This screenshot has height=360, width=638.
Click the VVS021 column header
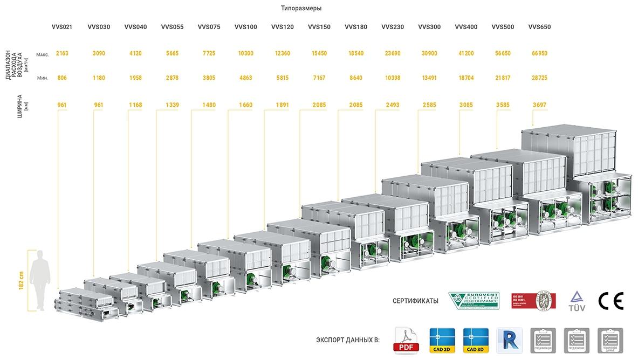click(x=62, y=27)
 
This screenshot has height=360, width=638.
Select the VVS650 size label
click(x=539, y=27)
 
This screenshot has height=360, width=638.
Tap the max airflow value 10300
click(x=245, y=53)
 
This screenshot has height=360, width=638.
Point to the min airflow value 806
click(x=62, y=78)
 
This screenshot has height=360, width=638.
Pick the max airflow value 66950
click(x=539, y=53)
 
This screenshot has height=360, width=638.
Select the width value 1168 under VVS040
click(x=135, y=105)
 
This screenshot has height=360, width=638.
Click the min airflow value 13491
click(x=429, y=78)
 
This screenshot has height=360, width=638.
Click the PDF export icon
click(x=408, y=341)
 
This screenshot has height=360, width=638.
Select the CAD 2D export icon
click(x=442, y=341)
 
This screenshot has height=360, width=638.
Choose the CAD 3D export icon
click(x=476, y=341)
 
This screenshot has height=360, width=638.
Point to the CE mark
click(x=611, y=301)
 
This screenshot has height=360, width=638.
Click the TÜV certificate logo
click(x=577, y=301)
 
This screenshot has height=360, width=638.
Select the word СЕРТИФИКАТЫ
click(x=415, y=301)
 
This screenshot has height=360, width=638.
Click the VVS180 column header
click(x=356, y=27)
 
